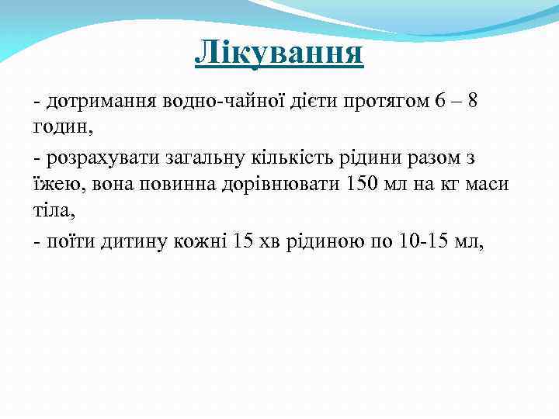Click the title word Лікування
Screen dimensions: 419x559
pos(279,53)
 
